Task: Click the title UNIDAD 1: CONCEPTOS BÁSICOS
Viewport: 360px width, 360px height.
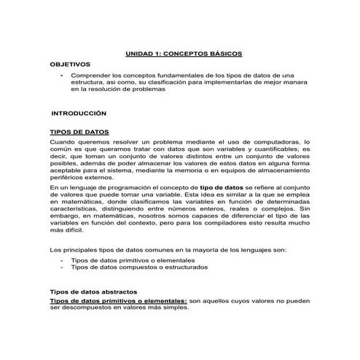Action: [184, 54]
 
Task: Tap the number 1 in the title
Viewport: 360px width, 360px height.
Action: [160, 54]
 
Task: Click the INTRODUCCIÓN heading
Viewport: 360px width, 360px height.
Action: [79, 114]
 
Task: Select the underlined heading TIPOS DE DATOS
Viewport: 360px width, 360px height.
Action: [78, 131]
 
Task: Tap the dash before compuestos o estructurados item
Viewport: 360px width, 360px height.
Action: [63, 267]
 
